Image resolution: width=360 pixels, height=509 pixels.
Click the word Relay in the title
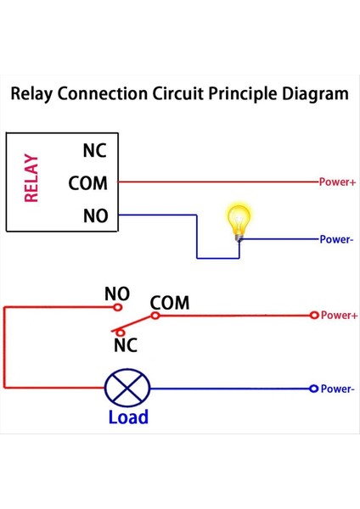33,93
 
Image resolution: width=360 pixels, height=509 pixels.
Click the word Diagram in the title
313,93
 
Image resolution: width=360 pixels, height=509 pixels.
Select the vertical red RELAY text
31,178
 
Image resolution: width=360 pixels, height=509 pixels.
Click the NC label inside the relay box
95,151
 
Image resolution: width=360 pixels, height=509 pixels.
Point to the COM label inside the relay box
88,183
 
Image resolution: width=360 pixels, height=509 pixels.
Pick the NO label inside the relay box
95,215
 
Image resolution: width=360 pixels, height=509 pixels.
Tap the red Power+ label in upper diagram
336,182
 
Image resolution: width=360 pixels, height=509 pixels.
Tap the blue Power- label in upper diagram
336,239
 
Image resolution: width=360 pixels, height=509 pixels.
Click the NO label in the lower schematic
117,294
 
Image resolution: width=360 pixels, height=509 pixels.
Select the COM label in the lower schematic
170,303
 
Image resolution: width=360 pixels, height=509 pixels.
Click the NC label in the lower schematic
125,345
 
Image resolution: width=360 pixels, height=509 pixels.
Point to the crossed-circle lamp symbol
127,389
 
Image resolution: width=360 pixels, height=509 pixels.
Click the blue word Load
128,417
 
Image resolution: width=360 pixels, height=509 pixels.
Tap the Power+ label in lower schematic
340,316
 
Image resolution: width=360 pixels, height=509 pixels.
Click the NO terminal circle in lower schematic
118,307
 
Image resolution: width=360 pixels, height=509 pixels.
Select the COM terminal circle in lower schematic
155,316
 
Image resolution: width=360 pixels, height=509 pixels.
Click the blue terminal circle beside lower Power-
313,389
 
